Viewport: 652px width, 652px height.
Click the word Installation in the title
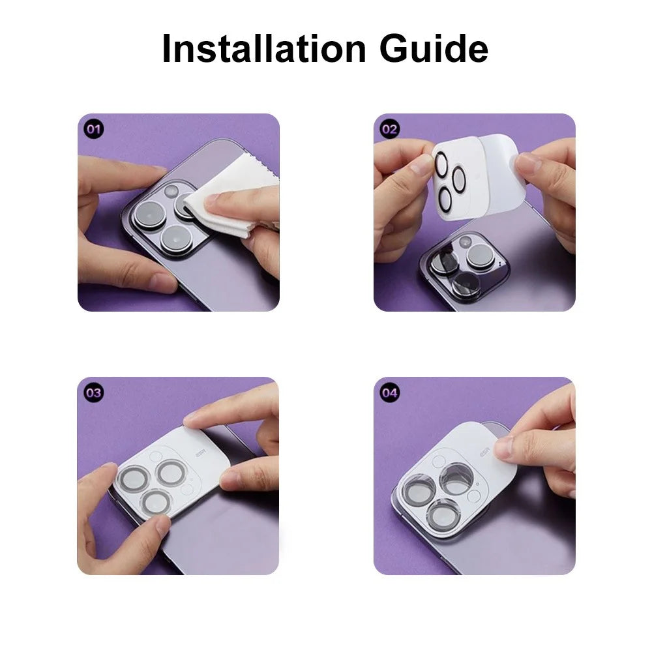pyautogui.click(x=264, y=48)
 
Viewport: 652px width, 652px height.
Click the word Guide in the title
pyautogui.click(x=434, y=48)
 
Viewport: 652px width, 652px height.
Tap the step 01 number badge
pyautogui.click(x=94, y=129)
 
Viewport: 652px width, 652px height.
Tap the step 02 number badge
pyautogui.click(x=390, y=129)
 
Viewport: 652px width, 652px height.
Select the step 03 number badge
pyautogui.click(x=94, y=393)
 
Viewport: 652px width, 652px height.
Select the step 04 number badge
pyautogui.click(x=390, y=393)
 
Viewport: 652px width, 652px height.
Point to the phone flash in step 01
pyautogui.click(x=171, y=191)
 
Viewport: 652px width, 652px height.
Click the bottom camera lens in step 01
pyautogui.click(x=177, y=240)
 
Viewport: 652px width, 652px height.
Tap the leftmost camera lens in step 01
pyautogui.click(x=150, y=215)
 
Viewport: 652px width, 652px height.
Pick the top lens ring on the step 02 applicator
pyautogui.click(x=441, y=164)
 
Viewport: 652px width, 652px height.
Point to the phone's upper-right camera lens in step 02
pyautogui.click(x=480, y=256)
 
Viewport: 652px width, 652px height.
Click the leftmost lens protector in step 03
pyautogui.click(x=134, y=479)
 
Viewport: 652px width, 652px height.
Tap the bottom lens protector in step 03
pyautogui.click(x=156, y=502)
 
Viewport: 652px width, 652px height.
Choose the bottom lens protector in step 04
pyautogui.click(x=444, y=516)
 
